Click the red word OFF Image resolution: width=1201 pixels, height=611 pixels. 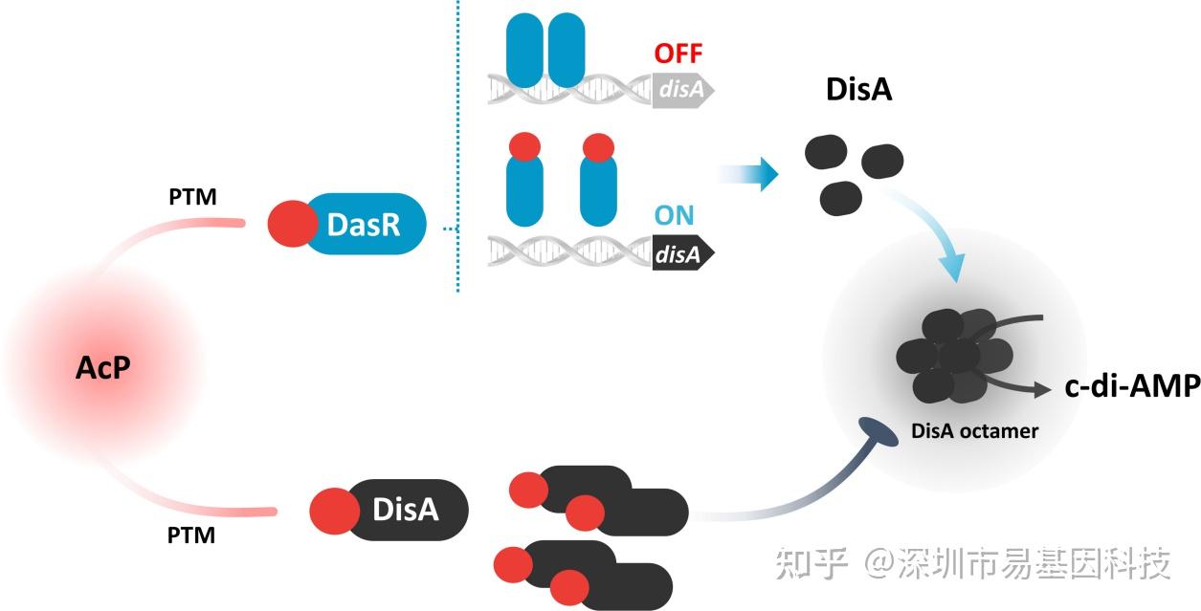[678, 53]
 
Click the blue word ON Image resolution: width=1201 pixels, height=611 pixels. [675, 215]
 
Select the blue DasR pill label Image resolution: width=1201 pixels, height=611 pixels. [363, 225]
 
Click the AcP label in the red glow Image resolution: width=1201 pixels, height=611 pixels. [102, 367]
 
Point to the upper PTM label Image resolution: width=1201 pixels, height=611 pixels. [191, 198]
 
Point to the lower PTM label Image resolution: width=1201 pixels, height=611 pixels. [191, 535]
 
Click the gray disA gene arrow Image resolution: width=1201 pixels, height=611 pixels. [682, 90]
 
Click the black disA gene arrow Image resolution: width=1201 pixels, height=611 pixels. [682, 254]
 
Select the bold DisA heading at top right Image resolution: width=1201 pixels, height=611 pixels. [858, 90]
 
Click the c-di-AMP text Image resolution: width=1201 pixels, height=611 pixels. [1131, 386]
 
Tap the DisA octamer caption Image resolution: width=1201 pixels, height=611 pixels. [974, 430]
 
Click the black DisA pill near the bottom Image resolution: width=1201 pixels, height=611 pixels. [406, 510]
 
